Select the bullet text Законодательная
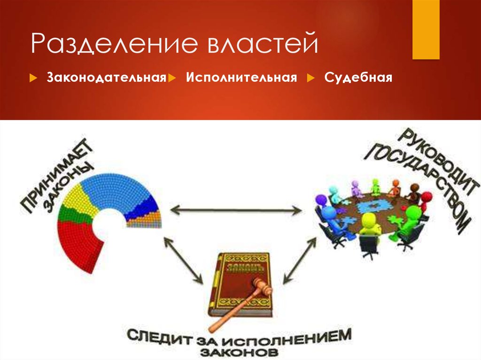tap(107, 77)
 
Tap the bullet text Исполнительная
tap(241, 77)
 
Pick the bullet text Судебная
tap(358, 77)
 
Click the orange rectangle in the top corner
tap(426, 30)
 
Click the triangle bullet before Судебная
tap(311, 78)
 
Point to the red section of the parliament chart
tap(78, 242)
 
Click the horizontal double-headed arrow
tap(236, 210)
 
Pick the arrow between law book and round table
tap(299, 260)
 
